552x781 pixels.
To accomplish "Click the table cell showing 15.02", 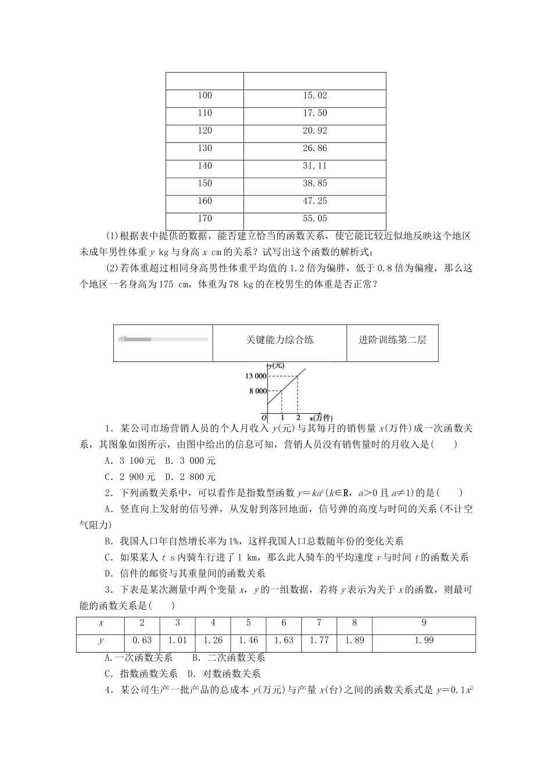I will tap(314, 96).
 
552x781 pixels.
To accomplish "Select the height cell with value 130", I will tap(205, 148).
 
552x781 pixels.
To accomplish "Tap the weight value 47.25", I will tap(314, 201).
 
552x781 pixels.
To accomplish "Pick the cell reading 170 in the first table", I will tap(205, 218).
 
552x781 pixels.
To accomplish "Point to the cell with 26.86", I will tap(314, 148).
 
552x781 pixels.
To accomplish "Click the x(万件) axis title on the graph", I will tap(320, 418).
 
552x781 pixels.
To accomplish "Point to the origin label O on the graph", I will tap(264, 418).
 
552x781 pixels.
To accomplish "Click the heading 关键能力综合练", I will tap(279, 340).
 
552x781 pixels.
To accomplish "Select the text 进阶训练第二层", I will tap(392, 340).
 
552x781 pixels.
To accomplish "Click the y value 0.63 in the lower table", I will tap(142, 640).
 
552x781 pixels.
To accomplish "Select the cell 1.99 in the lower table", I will tap(424, 640).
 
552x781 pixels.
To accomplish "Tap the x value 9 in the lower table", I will tap(424, 623).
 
